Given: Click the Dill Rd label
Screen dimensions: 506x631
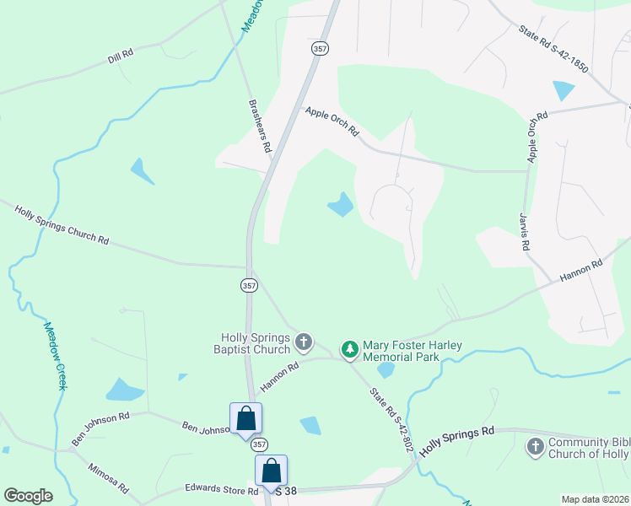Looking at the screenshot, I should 121,56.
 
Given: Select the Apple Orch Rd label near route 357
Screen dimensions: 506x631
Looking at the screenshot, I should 332,121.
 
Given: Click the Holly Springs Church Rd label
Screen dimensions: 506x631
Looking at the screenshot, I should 62,223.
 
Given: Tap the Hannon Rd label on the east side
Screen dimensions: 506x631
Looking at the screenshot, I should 581,270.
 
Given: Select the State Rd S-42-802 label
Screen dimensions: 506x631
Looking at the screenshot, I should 391,418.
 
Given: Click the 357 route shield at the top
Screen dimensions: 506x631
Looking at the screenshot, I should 320,48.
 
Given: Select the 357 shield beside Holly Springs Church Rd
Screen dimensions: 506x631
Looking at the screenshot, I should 248,286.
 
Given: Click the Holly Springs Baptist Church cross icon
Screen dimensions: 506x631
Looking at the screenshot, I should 304,343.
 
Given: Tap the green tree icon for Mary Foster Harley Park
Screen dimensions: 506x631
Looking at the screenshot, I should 349,348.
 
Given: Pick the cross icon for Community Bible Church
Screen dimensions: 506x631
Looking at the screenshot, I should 535,447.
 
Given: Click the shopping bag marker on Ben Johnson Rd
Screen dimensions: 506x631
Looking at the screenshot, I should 245,418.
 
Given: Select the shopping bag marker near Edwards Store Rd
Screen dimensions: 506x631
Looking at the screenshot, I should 272,471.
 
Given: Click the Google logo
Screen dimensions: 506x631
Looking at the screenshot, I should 28,496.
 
